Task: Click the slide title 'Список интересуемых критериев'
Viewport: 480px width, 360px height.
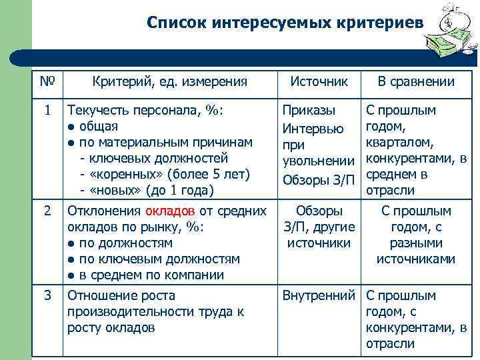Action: point(285,23)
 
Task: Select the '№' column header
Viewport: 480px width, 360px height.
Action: point(47,82)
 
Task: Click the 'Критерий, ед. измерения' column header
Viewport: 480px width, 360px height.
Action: point(169,82)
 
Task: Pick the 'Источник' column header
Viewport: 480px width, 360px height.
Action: point(319,81)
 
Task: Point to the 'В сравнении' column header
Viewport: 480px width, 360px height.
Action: point(416,82)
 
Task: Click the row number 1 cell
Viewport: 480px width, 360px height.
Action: point(47,110)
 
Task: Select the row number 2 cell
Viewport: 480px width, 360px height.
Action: point(47,211)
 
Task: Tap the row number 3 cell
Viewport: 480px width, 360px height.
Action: point(47,295)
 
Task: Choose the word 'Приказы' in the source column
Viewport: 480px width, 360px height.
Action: point(309,110)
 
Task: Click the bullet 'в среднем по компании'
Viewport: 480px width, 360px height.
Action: point(151,275)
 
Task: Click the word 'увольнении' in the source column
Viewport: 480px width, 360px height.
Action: point(319,161)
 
